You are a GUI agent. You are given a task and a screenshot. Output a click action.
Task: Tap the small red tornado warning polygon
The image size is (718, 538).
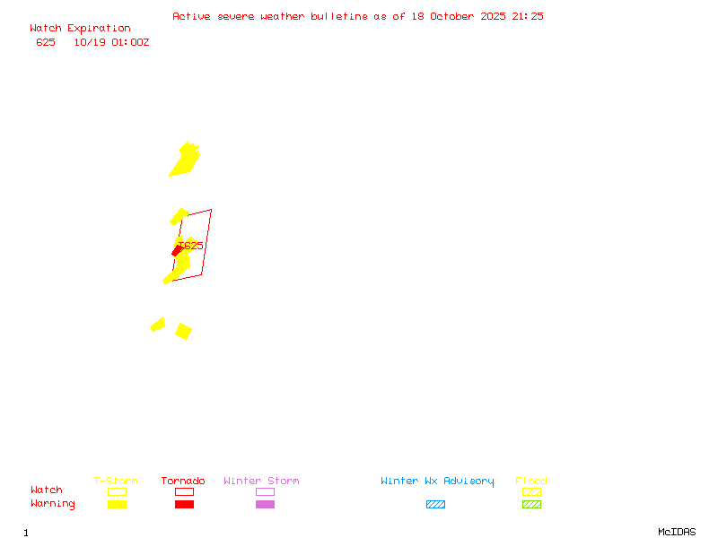tap(178, 252)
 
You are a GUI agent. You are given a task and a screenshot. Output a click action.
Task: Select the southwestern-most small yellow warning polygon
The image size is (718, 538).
tap(158, 325)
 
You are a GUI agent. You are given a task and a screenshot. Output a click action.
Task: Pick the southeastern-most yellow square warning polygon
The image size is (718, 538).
tap(183, 331)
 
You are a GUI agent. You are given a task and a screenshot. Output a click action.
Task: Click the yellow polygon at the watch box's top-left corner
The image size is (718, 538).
tap(179, 216)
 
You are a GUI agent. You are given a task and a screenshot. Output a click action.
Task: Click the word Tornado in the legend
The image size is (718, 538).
tap(183, 482)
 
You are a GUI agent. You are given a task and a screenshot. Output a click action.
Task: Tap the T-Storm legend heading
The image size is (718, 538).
tap(116, 482)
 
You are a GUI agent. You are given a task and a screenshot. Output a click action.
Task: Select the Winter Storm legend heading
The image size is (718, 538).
tap(261, 482)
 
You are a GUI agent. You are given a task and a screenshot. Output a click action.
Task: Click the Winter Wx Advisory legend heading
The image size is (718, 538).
tap(437, 482)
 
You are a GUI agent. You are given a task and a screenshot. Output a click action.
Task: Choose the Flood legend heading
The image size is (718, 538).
tap(531, 482)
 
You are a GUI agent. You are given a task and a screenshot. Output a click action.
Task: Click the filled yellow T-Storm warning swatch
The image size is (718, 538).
tap(117, 505)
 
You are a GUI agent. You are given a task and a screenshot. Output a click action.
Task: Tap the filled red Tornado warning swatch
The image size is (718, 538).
tap(184, 505)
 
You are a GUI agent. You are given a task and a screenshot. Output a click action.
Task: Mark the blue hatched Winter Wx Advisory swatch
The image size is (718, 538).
tap(435, 505)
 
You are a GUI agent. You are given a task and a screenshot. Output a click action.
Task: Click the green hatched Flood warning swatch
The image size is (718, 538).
tap(531, 505)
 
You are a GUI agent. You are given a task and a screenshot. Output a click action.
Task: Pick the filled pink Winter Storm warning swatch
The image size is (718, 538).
tap(265, 505)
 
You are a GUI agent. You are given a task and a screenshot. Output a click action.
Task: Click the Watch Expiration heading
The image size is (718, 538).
tap(80, 29)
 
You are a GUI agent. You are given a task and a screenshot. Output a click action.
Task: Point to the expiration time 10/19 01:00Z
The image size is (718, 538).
tap(111, 42)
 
